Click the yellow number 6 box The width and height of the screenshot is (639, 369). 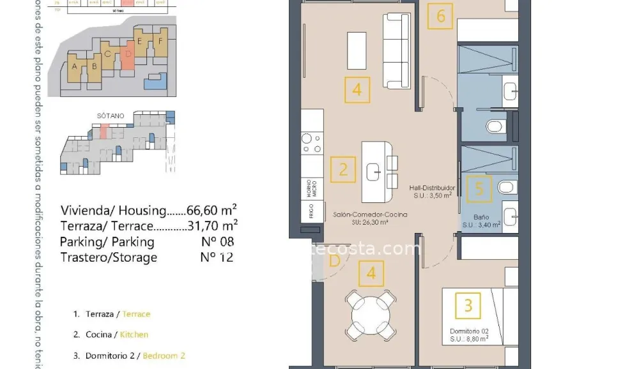tap(441, 16)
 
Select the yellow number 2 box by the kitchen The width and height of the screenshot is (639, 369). tap(343, 170)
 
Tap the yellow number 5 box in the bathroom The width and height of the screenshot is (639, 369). tap(479, 188)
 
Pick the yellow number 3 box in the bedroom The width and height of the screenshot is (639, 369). tap(468, 306)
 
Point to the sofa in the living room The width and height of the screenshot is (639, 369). tap(396, 50)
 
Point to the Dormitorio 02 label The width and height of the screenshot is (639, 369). tap(468, 331)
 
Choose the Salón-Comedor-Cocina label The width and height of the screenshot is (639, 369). tap(370, 215)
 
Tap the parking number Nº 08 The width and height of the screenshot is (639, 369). tap(217, 241)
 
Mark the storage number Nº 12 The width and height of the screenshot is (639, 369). tap(217, 257)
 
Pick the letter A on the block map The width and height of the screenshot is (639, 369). tap(75, 66)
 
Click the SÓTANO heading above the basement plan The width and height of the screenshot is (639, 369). tap(111, 116)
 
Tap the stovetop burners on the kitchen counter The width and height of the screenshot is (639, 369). tap(311, 143)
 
